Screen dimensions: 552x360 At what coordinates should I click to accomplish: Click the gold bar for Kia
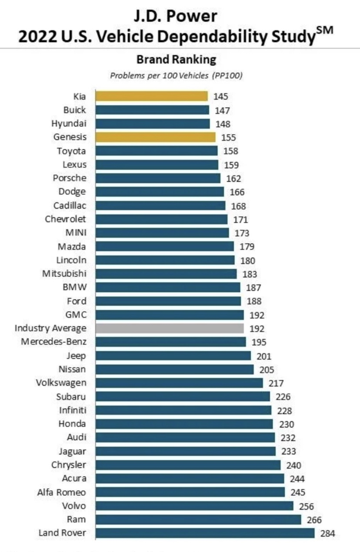pyautogui.click(x=152, y=96)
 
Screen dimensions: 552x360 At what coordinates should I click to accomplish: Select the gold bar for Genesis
pyautogui.click(x=155, y=137)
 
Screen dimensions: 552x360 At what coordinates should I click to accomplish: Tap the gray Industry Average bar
pyautogui.click(x=170, y=328)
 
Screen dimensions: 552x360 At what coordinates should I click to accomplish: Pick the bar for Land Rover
pyautogui.click(x=205, y=533)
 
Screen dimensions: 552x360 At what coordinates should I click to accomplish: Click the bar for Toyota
pyautogui.click(x=157, y=151)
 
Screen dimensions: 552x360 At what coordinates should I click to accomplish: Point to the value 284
pyautogui.click(x=328, y=533)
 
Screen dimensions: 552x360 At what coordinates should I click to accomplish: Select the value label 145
pyautogui.click(x=220, y=97)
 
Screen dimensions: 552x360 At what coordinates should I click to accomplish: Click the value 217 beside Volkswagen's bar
pyautogui.click(x=276, y=383)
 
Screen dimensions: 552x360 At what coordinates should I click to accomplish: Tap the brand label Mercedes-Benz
pyautogui.click(x=53, y=342)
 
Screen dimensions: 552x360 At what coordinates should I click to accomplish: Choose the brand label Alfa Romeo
pyautogui.click(x=62, y=492)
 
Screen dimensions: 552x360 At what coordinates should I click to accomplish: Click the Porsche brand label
pyautogui.click(x=70, y=178)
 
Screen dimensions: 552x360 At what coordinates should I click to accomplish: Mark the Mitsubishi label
pyautogui.click(x=64, y=274)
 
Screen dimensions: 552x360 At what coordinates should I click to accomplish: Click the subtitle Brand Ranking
pyautogui.click(x=176, y=59)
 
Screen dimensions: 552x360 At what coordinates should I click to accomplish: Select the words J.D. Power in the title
pyautogui.click(x=176, y=17)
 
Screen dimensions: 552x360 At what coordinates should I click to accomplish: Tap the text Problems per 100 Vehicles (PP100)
pyautogui.click(x=176, y=75)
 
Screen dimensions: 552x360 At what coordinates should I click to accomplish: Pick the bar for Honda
pyautogui.click(x=184, y=424)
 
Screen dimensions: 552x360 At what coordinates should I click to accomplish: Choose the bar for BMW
pyautogui.click(x=168, y=287)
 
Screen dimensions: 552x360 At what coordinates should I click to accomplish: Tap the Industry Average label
pyautogui.click(x=50, y=328)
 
